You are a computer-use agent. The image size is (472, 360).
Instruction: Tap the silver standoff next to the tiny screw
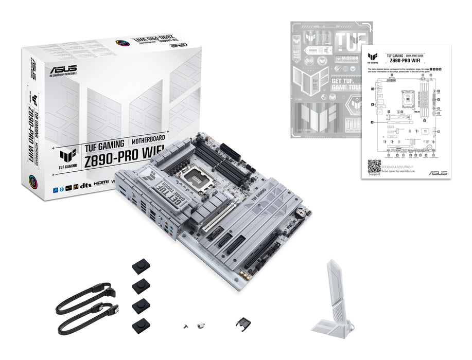pos(200,325)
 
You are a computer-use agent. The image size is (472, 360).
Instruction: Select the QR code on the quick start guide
pos(374,167)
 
